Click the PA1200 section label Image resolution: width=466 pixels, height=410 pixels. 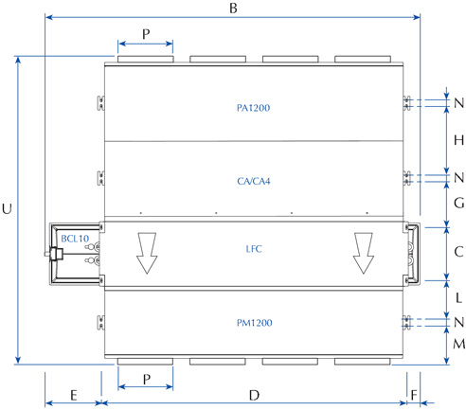click(253, 108)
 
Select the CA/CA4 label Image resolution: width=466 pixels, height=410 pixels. click(254, 181)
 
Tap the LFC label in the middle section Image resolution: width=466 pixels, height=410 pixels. click(254, 249)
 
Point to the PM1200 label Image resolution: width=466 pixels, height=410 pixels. click(254, 323)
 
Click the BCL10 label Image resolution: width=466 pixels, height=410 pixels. click(75, 239)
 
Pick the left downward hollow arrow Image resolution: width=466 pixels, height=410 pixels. click(147, 253)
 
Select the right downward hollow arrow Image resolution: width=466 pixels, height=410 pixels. click(364, 253)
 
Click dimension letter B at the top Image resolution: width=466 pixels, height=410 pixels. click(233, 9)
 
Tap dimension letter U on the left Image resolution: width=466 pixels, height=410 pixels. click(7, 209)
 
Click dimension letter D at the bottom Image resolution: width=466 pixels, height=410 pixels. click(254, 395)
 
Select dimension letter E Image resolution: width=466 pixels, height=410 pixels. click(74, 395)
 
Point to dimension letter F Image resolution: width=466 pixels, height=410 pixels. click(414, 395)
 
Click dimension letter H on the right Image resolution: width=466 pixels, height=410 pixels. click(458, 140)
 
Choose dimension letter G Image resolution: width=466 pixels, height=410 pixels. click(459, 203)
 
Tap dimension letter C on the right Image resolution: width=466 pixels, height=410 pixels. click(458, 252)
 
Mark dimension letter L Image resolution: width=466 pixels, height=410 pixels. click(458, 298)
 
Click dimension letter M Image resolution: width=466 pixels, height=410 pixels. click(459, 344)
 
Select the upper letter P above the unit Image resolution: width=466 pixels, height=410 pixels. click(146, 34)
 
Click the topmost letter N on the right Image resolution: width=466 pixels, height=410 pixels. click(459, 103)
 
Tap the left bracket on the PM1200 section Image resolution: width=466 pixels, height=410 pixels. click(100, 323)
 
